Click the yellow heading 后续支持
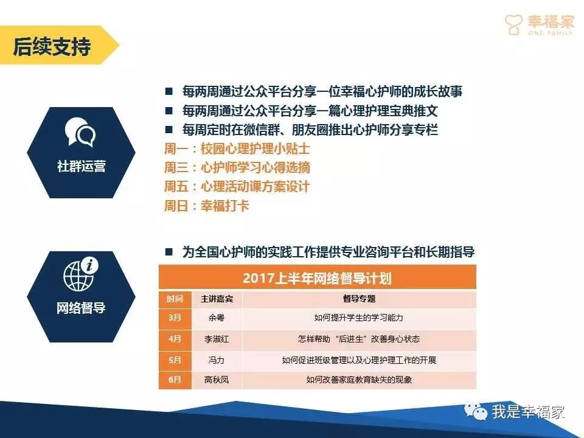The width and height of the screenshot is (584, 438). pos(52,47)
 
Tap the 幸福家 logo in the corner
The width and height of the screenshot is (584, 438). pos(539,24)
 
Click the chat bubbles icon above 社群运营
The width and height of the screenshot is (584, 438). pos(80,132)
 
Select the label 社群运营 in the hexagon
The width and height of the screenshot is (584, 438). pos(81,166)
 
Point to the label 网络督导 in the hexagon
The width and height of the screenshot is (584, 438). pos(81,308)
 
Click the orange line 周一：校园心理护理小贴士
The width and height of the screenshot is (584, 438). pos(237,148)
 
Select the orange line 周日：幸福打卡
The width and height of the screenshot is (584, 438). pos(206,206)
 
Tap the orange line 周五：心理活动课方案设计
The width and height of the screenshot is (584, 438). pos(237,187)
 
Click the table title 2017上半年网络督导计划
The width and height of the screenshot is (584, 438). pos(318,278)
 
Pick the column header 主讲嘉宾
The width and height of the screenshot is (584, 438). pos(217,299)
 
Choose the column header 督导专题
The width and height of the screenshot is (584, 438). pos(359,299)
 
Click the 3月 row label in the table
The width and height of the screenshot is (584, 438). pos(175,318)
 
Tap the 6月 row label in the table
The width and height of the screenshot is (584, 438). pos(175,380)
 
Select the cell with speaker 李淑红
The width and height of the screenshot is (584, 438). pos(217,339)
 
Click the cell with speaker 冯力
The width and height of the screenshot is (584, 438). pos(217,360)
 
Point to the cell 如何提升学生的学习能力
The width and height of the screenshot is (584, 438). pos(359,318)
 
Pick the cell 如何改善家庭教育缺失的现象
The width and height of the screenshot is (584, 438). pos(359,380)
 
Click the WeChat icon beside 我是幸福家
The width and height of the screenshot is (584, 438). pos(476,411)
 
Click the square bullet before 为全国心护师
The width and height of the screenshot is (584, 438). pos(169,252)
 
